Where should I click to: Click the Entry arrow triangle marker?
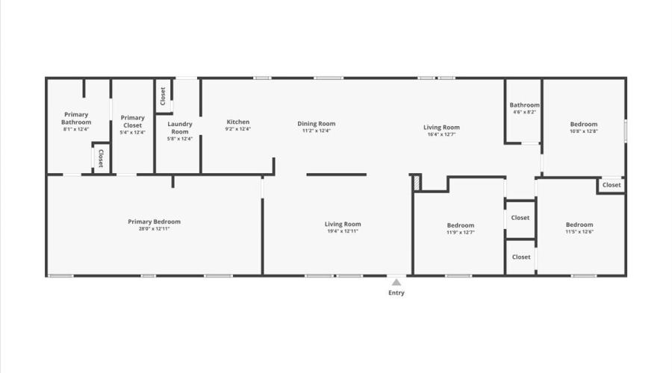click(x=396, y=282)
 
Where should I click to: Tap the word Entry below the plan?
click(x=396, y=293)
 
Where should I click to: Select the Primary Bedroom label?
click(x=154, y=222)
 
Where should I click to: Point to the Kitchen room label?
click(x=238, y=122)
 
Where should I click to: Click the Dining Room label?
click(x=317, y=124)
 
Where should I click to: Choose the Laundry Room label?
click(x=180, y=128)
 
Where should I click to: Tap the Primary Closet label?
click(x=133, y=121)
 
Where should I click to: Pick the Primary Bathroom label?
click(x=76, y=118)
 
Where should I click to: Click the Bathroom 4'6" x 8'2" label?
click(x=524, y=105)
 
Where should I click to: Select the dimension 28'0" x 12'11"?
click(x=154, y=229)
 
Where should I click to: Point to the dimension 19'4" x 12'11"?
click(x=343, y=231)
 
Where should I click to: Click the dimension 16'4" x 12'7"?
click(x=442, y=135)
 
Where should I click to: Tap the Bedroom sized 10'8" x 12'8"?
click(x=584, y=124)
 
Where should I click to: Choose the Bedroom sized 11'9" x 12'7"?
click(x=461, y=225)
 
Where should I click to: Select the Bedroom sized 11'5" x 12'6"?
click(x=579, y=225)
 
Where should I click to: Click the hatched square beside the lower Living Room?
click(x=417, y=181)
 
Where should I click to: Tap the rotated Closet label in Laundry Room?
click(x=163, y=96)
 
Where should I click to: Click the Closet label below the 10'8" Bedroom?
click(x=612, y=185)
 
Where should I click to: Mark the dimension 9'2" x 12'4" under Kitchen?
click(x=238, y=129)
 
